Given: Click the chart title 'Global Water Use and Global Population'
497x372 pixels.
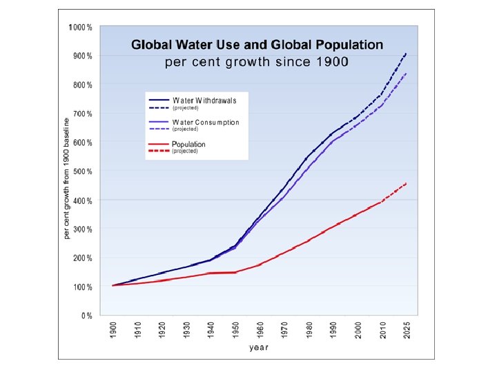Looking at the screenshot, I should point(257,45).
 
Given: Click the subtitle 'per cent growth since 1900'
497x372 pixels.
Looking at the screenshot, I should point(257,62).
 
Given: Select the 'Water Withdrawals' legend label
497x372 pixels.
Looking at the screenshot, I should point(204,100).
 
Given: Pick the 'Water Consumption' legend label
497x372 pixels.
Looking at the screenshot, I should point(206,122).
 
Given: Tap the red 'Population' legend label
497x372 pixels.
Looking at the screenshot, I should point(188,144).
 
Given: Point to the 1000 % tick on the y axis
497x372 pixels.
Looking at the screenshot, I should point(81,28).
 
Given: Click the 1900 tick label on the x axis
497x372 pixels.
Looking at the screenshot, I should point(113,330).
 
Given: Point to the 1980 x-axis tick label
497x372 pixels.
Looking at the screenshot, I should point(308,330).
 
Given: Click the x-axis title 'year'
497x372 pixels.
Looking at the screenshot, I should point(259,347).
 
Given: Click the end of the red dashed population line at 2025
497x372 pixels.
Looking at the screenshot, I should point(406,183).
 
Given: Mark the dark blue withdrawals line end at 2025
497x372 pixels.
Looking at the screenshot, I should point(406,54).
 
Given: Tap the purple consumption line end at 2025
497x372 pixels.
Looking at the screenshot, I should point(406,73).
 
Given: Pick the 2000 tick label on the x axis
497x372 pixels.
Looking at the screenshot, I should point(357,330).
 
